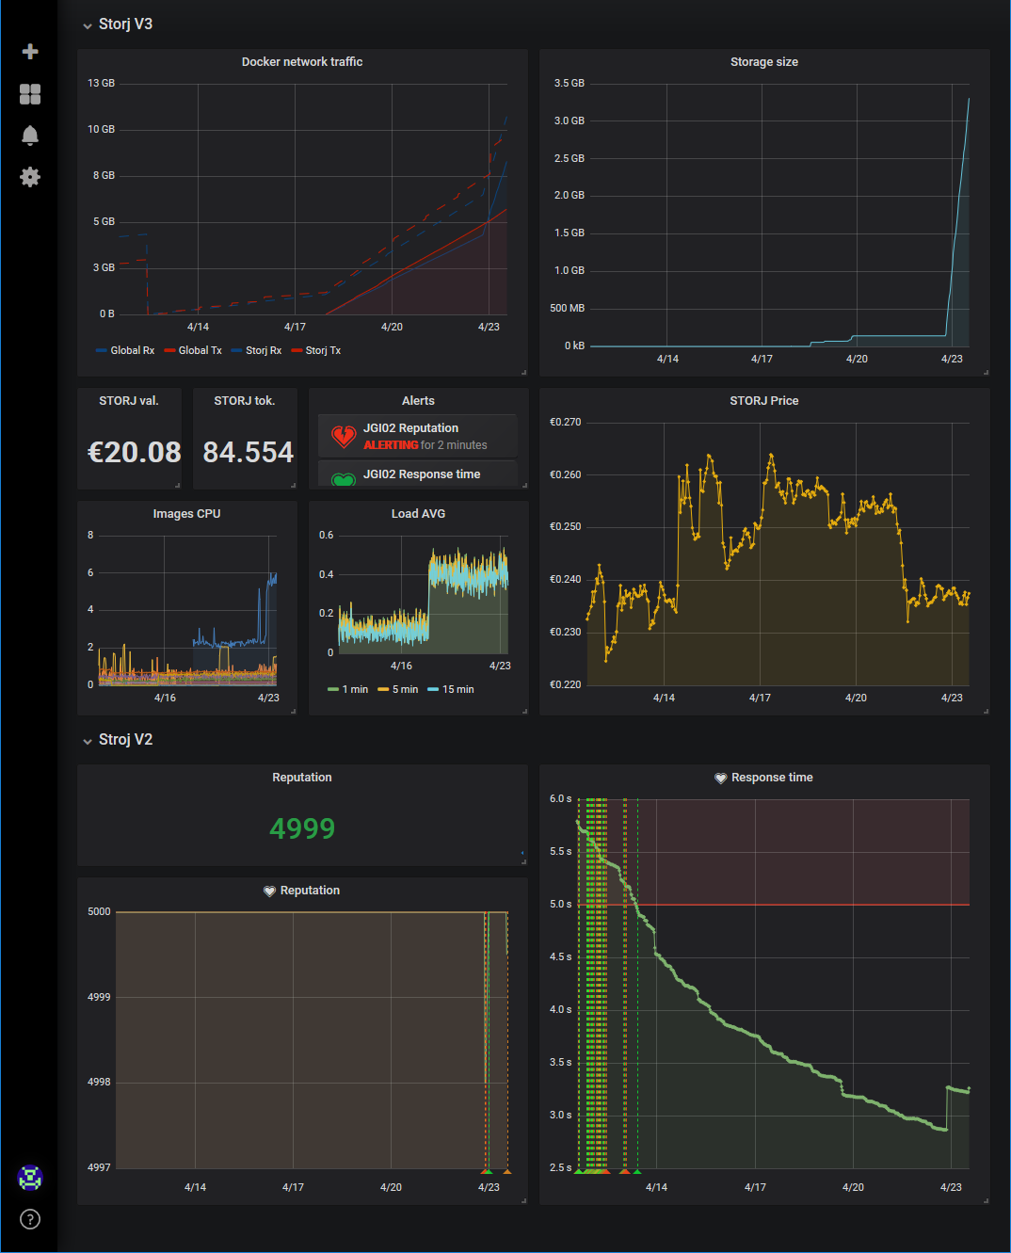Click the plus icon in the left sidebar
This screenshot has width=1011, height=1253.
coord(30,52)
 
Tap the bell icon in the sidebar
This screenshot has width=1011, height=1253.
coord(30,136)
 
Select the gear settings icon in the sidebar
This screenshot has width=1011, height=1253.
coord(30,177)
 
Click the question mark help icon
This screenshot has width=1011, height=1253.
coord(30,1219)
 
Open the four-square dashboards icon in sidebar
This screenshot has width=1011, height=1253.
coord(30,94)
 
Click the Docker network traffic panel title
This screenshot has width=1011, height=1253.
coord(302,62)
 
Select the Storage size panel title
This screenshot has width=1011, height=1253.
coord(764,62)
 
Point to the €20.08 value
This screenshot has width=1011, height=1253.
coord(135,453)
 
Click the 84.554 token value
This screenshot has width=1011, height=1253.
coord(249,453)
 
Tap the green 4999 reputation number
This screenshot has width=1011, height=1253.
coord(302,828)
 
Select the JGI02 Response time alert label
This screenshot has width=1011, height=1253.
coord(422,474)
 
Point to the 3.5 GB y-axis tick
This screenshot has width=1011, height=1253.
coord(570,83)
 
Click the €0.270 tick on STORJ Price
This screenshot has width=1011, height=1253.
coord(566,422)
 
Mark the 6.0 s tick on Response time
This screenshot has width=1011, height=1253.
coord(561,798)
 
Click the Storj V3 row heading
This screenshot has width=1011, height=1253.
coord(125,24)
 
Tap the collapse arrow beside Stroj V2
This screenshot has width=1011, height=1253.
coord(88,741)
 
